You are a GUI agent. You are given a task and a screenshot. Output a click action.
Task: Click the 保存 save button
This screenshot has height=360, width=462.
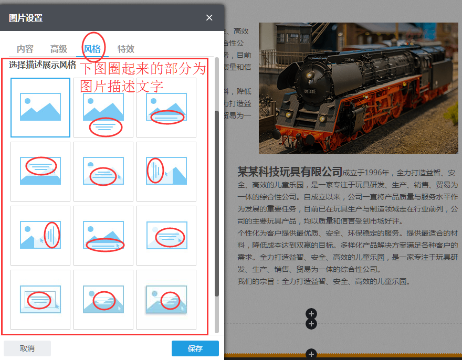click(195, 348)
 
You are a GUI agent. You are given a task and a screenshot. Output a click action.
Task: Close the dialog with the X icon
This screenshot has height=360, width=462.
click(209, 18)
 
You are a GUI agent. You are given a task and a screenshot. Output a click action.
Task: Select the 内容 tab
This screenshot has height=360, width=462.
click(25, 49)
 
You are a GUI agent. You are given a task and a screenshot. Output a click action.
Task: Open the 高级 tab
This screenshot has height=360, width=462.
click(59, 49)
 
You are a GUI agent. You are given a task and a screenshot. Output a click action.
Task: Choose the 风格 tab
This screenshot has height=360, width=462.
click(92, 49)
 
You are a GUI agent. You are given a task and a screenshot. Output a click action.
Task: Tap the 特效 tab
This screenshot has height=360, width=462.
click(126, 49)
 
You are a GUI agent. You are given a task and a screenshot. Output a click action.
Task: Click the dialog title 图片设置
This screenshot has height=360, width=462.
click(26, 18)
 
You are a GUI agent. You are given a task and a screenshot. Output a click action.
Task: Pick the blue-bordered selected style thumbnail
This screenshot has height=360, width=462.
click(40, 108)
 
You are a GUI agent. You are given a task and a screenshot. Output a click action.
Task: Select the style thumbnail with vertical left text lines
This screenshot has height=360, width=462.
click(166, 172)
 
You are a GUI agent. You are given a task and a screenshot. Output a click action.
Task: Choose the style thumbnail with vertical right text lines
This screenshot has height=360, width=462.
click(40, 236)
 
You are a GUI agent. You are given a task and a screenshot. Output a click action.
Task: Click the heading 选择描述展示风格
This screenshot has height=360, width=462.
click(43, 66)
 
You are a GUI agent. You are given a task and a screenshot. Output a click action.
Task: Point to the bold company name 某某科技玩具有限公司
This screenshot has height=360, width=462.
click(290, 172)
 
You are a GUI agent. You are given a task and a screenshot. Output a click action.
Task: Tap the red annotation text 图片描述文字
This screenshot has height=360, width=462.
click(122, 86)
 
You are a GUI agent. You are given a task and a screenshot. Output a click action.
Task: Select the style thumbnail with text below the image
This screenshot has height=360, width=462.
click(103, 108)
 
